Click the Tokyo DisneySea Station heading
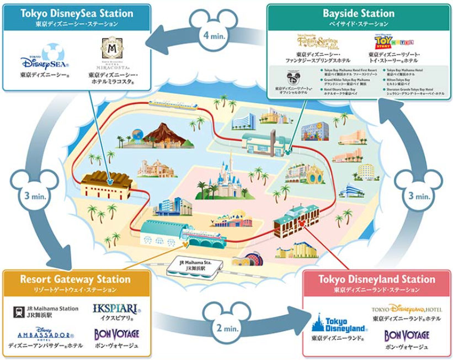click(77, 13)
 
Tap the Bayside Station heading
click(358, 13)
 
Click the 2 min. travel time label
click(227, 328)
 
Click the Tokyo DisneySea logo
click(39, 60)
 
